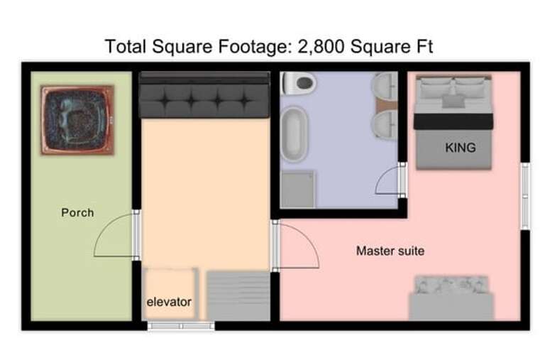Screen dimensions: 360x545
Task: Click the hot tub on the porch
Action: [77, 119]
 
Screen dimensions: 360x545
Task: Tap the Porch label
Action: [77, 212]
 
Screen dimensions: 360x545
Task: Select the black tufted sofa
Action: [204, 95]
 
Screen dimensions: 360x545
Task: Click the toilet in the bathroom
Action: [299, 83]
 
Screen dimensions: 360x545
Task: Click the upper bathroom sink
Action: [385, 88]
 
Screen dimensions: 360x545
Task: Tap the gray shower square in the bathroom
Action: [298, 189]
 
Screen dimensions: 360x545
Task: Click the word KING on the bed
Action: [460, 148]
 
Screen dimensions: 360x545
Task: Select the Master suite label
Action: [390, 251]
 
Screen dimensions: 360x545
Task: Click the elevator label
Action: [169, 302]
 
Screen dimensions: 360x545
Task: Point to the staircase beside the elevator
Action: [238, 295]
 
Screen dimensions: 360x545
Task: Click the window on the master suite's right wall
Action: [525, 196]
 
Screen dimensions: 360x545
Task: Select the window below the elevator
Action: [180, 327]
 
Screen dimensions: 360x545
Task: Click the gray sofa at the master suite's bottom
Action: [451, 299]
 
